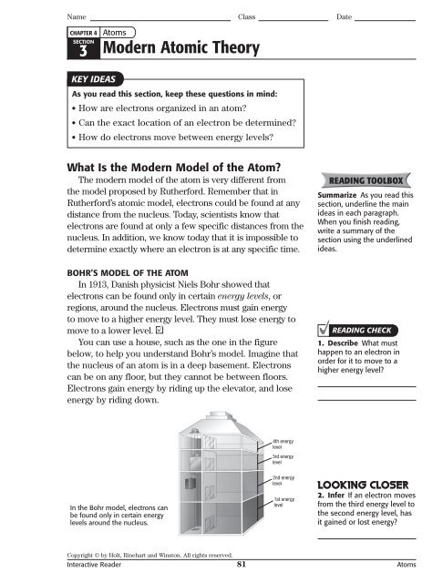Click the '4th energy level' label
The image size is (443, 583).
point(283,444)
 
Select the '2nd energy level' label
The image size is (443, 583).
point(283,480)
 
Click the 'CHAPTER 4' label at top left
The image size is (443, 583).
point(83,32)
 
